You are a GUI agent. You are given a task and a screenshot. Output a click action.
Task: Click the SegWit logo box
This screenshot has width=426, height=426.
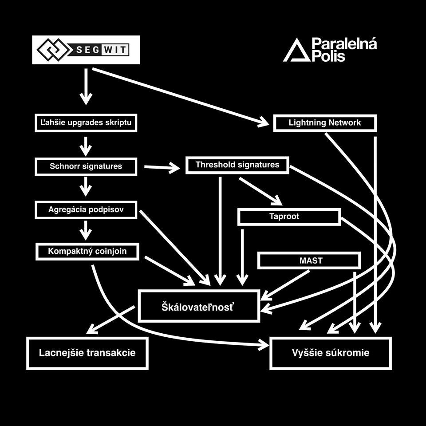[86, 50]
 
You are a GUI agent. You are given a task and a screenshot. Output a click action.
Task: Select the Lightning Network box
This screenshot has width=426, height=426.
[325, 123]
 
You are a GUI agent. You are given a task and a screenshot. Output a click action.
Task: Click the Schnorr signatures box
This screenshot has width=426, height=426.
[86, 167]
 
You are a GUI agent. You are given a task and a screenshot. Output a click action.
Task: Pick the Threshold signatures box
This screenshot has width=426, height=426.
[237, 165]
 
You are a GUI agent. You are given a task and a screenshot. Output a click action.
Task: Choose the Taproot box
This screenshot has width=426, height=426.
[289, 217]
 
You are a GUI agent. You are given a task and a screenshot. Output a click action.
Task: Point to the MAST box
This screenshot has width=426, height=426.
[309, 260]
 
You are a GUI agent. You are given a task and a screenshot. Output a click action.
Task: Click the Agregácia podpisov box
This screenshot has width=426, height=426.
[86, 209]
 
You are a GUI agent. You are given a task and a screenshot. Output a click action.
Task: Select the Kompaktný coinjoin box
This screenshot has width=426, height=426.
[87, 251]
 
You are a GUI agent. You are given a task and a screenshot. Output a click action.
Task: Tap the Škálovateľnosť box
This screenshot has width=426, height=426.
[198, 306]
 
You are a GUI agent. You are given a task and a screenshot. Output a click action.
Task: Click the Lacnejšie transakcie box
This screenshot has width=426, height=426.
[87, 353]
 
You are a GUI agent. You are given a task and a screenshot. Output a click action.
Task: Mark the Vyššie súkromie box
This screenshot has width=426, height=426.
[331, 353]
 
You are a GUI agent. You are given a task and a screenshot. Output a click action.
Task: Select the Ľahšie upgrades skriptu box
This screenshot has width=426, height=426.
[86, 122]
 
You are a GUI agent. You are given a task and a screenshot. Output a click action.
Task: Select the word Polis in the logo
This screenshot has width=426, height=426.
[328, 56]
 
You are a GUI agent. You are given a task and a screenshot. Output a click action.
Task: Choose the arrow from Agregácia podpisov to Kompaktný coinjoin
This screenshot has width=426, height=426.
[86, 230]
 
